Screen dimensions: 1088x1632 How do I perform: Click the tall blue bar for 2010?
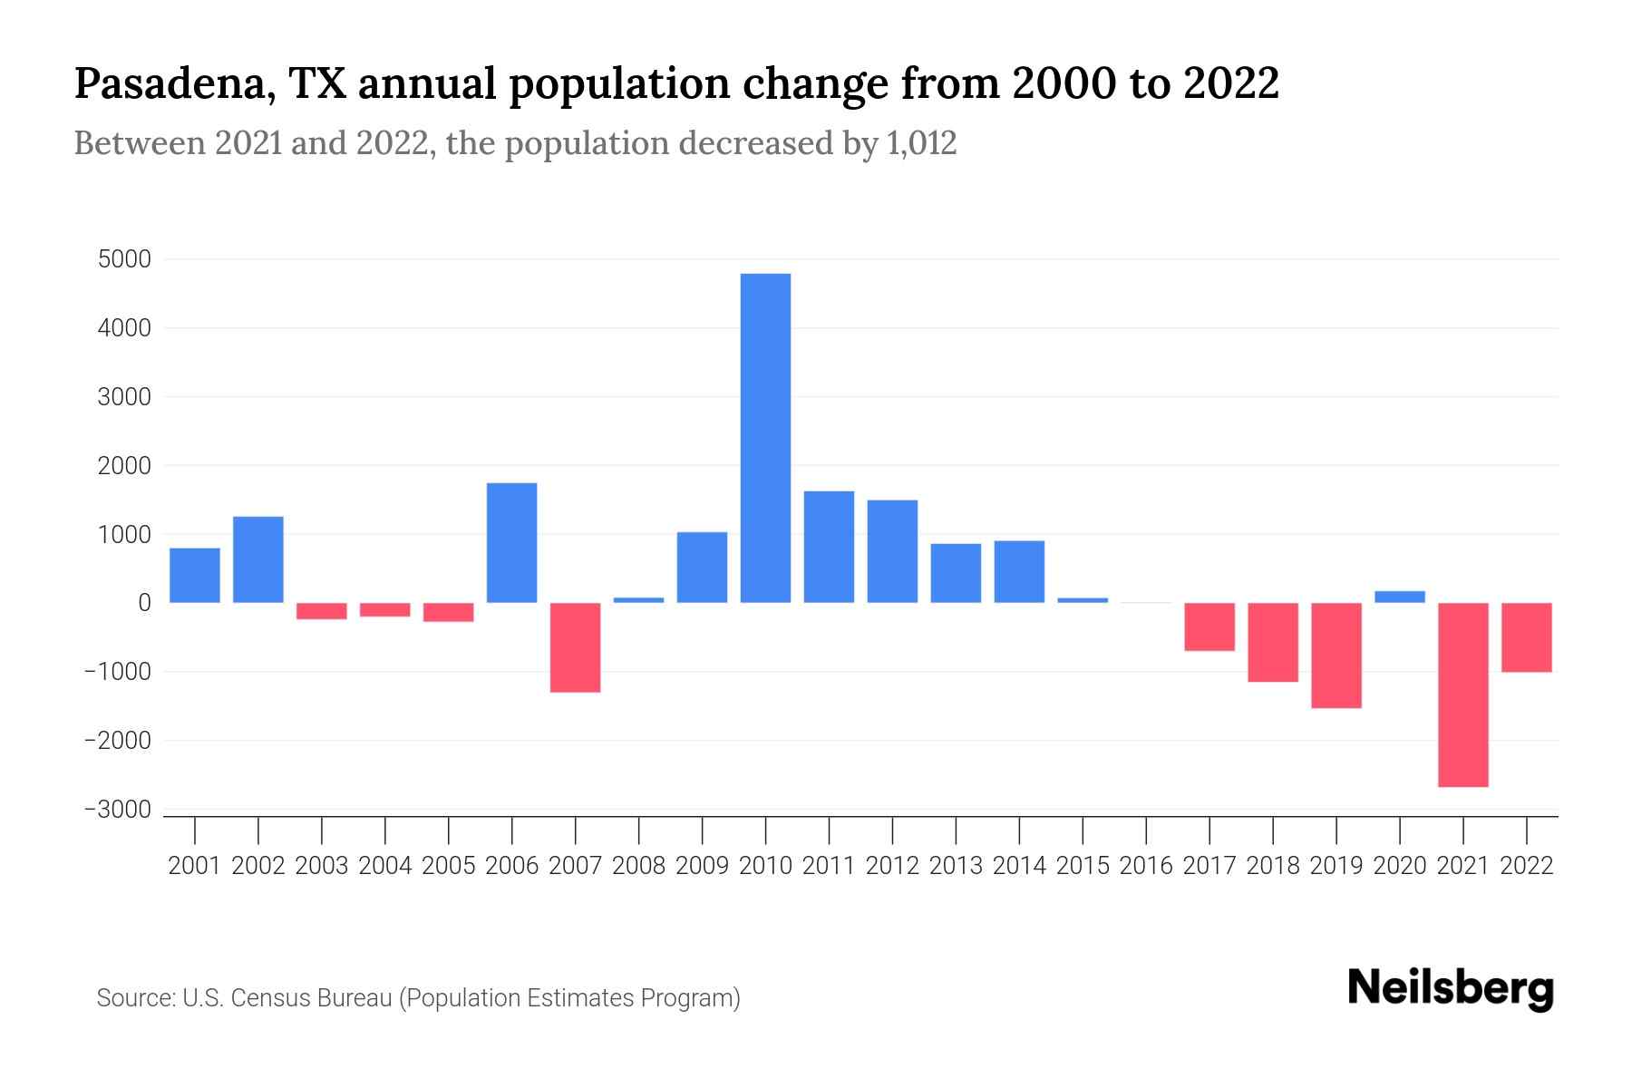[x=765, y=438]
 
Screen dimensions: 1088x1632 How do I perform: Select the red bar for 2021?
[x=1463, y=695]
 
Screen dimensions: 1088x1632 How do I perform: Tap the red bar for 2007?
[x=576, y=647]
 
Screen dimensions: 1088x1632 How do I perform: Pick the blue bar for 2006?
[x=512, y=542]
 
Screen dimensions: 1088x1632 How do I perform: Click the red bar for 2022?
[x=1527, y=637]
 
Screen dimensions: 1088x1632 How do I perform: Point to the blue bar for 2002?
[x=258, y=559]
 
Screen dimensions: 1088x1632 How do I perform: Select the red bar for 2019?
[x=1336, y=656]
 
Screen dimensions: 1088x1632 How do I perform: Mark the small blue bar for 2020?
[x=1400, y=597]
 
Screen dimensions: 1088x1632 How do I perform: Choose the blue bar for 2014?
[x=1019, y=571]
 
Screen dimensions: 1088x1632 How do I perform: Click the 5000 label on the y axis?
[x=124, y=259]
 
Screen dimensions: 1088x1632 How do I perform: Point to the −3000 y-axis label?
[x=117, y=810]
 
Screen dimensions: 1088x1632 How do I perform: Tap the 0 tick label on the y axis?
[x=144, y=603]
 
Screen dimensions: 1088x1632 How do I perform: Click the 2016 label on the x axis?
[x=1146, y=866]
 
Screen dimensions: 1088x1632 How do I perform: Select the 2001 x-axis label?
[x=195, y=866]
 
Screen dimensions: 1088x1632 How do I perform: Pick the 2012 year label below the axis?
[x=892, y=866]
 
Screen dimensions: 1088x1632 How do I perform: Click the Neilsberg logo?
[x=1451, y=989]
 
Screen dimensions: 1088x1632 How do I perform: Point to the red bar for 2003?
[x=322, y=611]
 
